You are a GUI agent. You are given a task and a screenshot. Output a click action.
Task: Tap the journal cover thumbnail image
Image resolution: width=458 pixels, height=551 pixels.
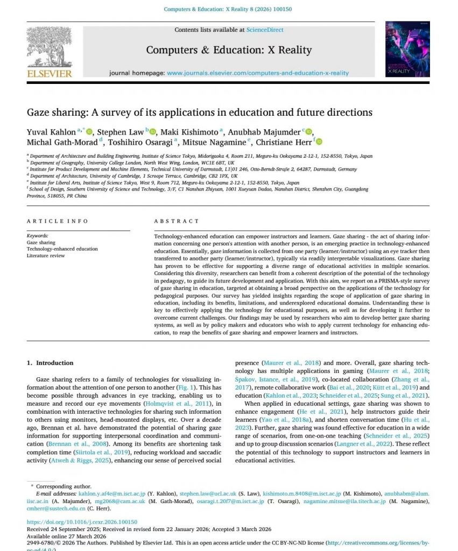pos(407,49)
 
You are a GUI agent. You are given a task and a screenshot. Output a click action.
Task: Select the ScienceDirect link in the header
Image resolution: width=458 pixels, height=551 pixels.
pos(265,30)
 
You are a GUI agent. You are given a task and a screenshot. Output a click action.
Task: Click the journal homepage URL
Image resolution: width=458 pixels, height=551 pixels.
pos(257,73)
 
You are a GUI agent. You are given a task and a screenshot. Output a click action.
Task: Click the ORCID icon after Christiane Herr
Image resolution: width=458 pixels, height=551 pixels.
pos(319,142)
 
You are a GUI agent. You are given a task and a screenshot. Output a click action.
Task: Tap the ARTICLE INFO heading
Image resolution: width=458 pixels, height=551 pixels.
pos(58,221)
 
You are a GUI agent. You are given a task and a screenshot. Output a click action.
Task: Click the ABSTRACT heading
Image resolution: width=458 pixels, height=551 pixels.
pos(176,221)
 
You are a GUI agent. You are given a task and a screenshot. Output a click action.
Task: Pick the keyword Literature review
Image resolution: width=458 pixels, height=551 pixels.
pos(46,256)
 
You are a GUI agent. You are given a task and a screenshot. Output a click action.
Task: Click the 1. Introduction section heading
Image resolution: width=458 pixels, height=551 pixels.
pos(51,363)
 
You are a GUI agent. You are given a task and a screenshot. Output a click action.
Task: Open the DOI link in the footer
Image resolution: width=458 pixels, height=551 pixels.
pos(82,522)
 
